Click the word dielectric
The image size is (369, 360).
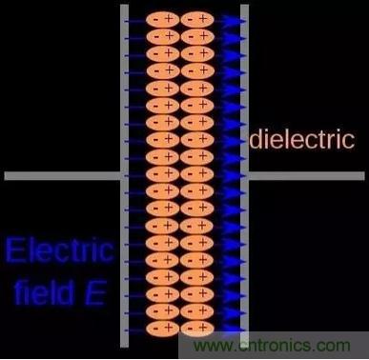(302, 139)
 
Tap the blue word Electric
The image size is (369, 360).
(59, 250)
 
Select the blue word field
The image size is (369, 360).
(44, 292)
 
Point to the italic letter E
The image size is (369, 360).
(94, 293)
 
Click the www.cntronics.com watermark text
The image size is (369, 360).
(272, 345)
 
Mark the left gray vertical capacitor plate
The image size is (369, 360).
(125, 175)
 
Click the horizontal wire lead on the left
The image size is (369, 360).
(62, 176)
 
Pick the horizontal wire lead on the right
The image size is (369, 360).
(307, 176)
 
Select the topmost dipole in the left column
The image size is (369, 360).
(163, 20)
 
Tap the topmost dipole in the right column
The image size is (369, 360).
(197, 20)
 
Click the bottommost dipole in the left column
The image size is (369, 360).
(163, 328)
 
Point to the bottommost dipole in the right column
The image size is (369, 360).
(197, 328)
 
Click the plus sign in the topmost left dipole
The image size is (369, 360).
(169, 19)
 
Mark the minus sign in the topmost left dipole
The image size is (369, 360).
(155, 20)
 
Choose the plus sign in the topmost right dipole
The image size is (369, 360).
(203, 19)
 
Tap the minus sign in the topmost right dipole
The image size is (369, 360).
(190, 20)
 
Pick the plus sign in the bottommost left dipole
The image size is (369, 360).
(169, 327)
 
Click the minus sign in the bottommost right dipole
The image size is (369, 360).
(190, 328)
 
